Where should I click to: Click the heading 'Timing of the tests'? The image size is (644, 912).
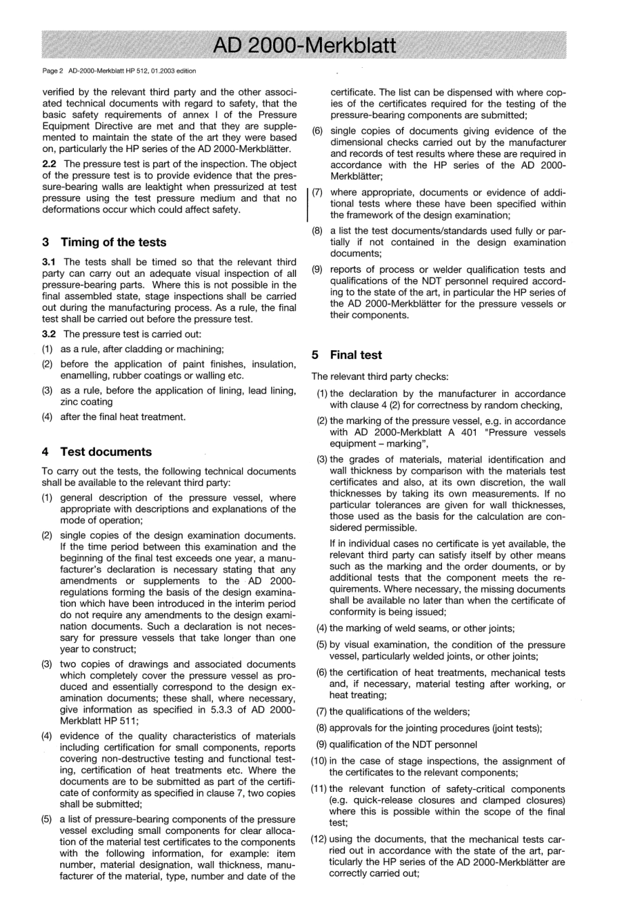pos(113,242)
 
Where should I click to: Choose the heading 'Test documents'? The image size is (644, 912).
pos(106,452)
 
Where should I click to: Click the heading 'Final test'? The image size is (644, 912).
pos(356,355)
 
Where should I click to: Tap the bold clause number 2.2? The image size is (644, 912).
pos(49,164)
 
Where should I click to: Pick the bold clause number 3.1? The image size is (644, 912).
pos(49,262)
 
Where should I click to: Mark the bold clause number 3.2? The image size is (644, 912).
pos(49,334)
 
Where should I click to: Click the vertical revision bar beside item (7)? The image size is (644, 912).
pos(308,204)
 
